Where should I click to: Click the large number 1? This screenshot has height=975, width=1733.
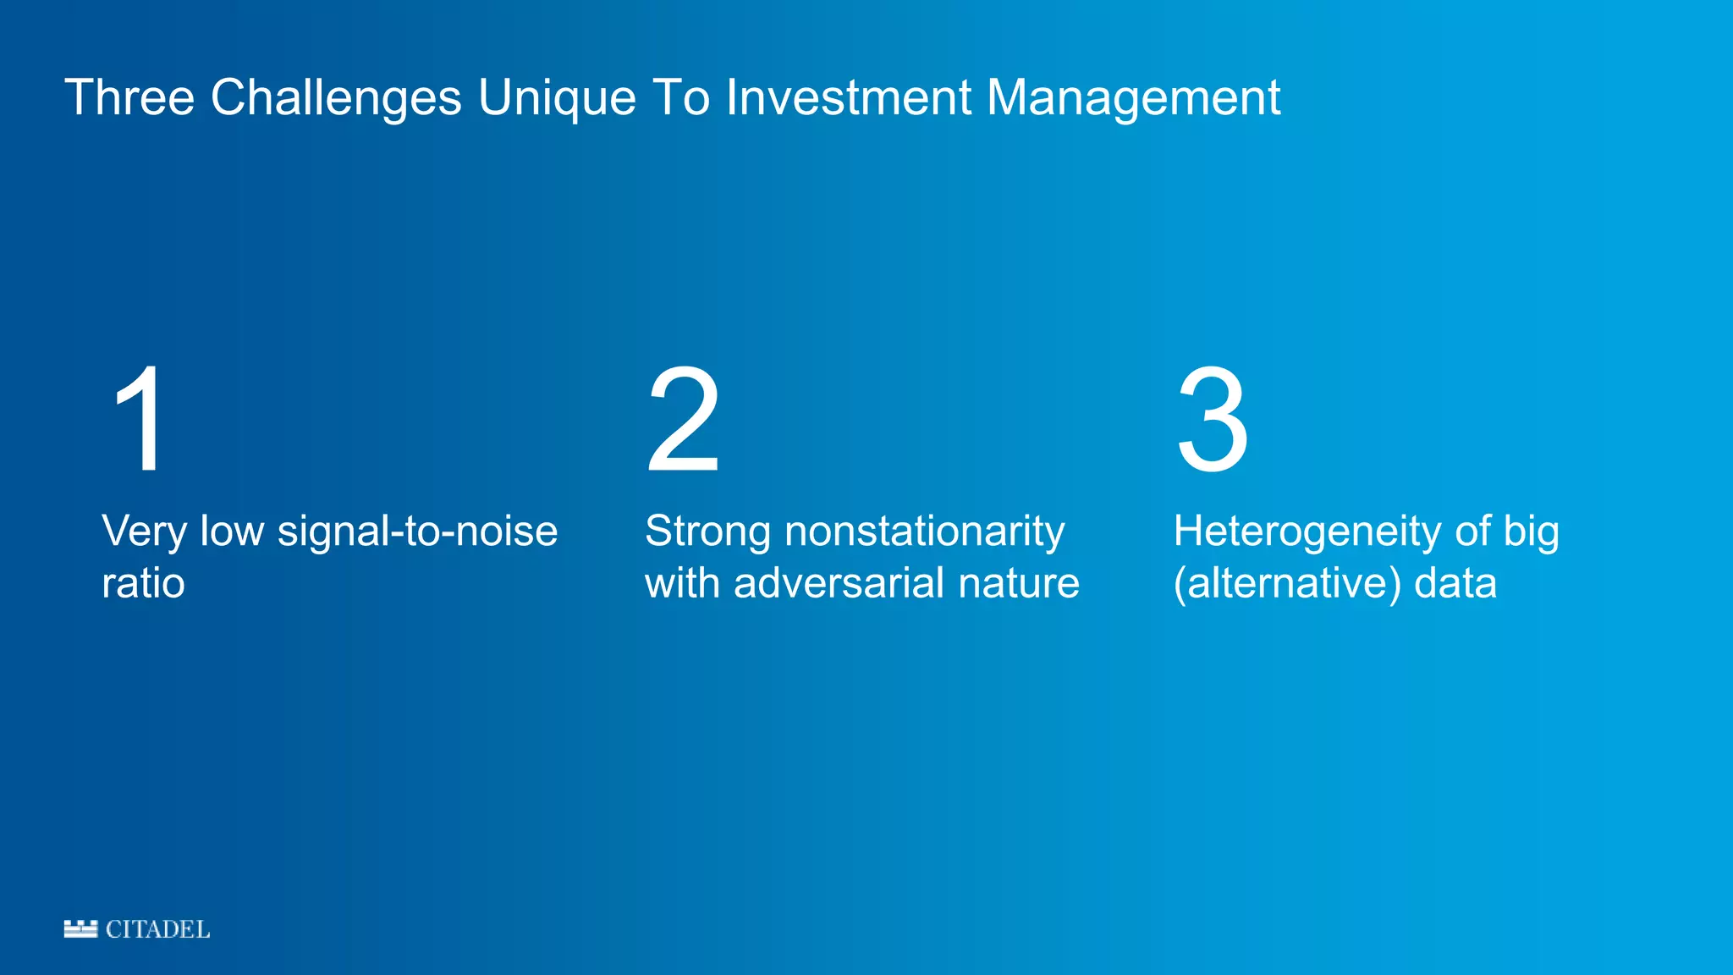[x=140, y=419]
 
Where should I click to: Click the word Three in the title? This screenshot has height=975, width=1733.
[x=129, y=97]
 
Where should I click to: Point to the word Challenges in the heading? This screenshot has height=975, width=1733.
[x=336, y=97]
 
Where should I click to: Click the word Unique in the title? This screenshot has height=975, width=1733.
[x=556, y=97]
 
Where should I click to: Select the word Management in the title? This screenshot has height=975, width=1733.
[x=1133, y=97]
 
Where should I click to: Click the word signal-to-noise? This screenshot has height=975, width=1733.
[x=417, y=532]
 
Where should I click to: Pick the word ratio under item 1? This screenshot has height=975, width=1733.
[x=143, y=584]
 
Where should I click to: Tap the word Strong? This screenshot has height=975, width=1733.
[x=707, y=532]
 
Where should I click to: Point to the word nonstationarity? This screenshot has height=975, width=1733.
[x=924, y=532]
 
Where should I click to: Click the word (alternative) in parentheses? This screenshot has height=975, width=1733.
[x=1286, y=584]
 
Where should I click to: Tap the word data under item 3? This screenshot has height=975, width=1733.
[x=1455, y=584]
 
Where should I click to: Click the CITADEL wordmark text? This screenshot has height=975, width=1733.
[x=157, y=929]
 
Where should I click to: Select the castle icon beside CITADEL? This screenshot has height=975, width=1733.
[x=80, y=928]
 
